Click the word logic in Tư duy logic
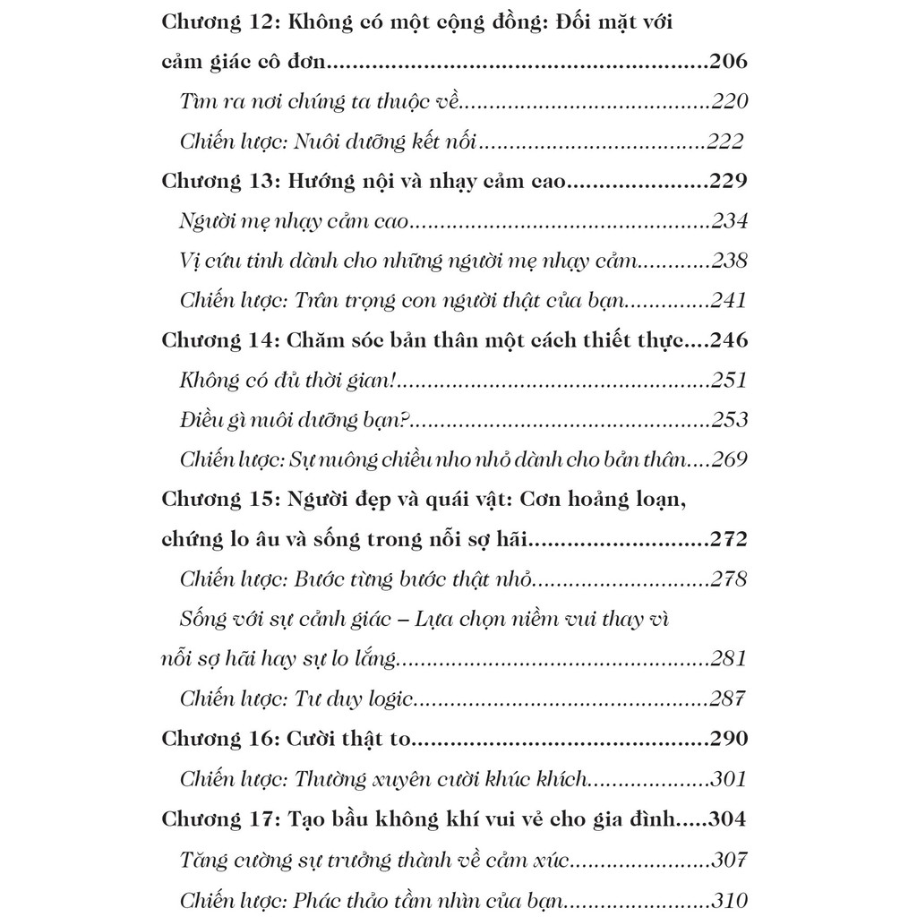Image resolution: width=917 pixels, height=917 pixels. click(386, 699)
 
